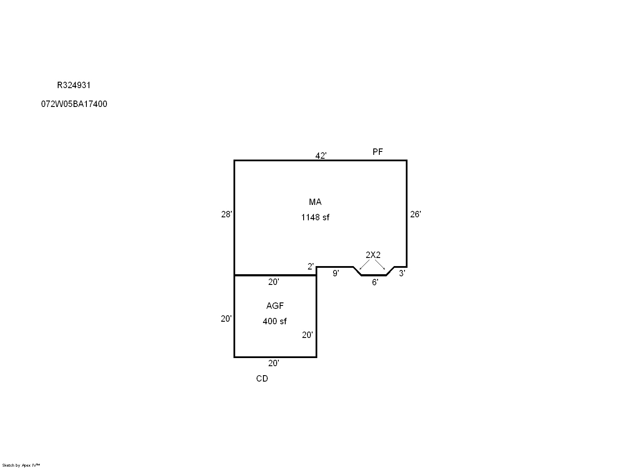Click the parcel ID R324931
click(74, 85)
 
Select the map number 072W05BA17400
click(74, 104)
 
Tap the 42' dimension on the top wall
click(321, 156)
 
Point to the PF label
click(378, 152)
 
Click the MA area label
click(315, 202)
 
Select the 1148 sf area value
click(315, 217)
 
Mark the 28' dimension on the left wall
click(227, 214)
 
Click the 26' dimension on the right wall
click(415, 214)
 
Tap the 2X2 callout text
click(373, 255)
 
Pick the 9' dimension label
click(336, 273)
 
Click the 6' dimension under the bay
click(375, 282)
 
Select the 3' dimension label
click(402, 273)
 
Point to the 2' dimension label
click(310, 267)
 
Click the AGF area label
click(275, 306)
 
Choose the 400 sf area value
click(275, 321)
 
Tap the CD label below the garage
click(262, 379)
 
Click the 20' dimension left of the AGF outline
click(226, 319)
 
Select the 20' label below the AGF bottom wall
click(273, 363)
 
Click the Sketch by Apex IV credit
click(21, 465)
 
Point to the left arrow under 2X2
click(364, 264)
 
